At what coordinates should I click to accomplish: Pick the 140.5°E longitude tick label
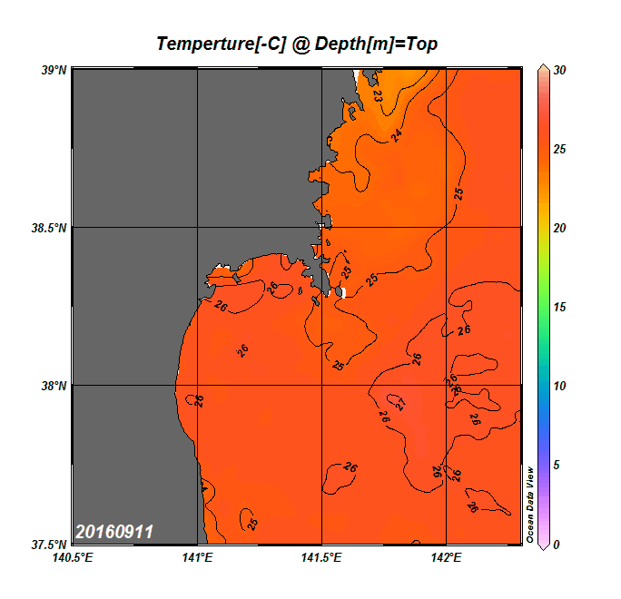tap(73, 557)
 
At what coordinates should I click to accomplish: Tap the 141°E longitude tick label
tap(197, 557)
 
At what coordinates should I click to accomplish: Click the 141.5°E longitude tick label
tap(322, 557)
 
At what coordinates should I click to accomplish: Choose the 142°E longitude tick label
tap(447, 557)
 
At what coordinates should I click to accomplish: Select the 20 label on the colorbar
tap(560, 228)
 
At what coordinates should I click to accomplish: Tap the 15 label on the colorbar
tap(560, 307)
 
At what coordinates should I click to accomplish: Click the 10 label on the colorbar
tap(560, 386)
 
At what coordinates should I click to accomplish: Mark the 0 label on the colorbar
tap(557, 545)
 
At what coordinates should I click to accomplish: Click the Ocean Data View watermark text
tap(530, 505)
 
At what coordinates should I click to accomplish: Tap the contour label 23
tap(377, 93)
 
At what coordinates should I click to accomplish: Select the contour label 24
tap(397, 135)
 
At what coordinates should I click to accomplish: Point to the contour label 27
tap(399, 404)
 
